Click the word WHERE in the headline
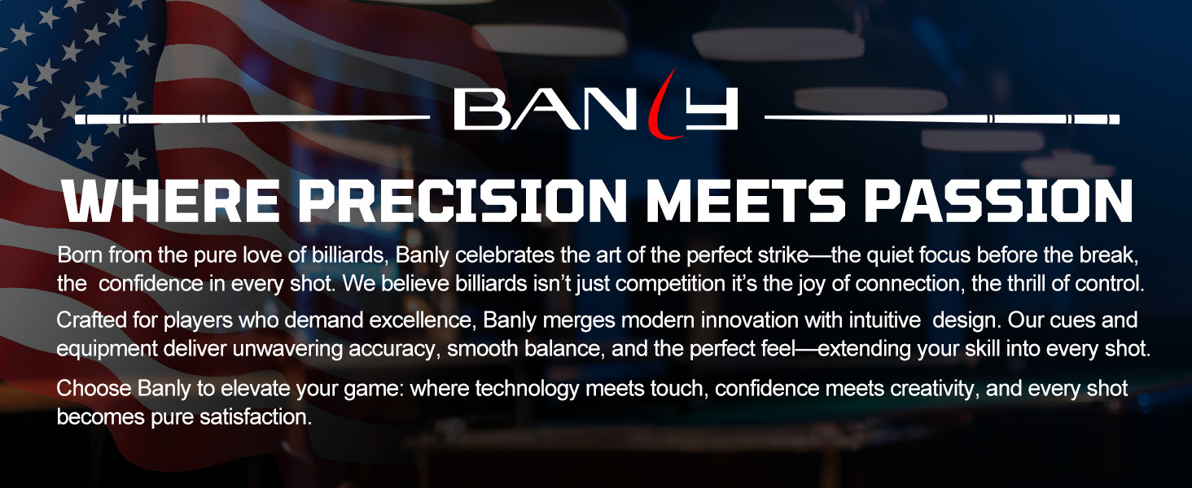170,200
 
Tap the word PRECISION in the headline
462,200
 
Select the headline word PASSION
998,200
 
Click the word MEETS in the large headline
746,200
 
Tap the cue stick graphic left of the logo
252,119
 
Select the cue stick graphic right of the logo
942,119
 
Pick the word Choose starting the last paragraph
94,389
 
